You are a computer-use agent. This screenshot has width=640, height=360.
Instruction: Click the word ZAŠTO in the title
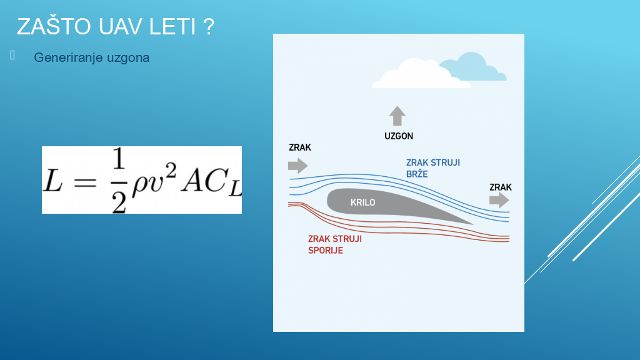[54, 26]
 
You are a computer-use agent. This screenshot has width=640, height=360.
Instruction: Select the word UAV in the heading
[120, 26]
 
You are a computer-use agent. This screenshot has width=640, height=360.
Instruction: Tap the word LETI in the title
[172, 26]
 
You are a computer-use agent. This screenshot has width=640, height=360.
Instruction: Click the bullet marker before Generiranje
[12, 55]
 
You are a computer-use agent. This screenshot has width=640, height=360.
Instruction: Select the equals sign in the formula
[85, 182]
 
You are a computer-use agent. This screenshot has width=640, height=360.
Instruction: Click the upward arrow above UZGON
[397, 116]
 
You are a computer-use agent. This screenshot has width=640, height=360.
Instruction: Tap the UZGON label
[399, 136]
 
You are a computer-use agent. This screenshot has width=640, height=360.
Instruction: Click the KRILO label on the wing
[363, 202]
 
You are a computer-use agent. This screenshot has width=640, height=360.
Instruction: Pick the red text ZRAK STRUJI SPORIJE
[335, 244]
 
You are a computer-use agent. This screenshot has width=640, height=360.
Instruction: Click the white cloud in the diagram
[421, 74]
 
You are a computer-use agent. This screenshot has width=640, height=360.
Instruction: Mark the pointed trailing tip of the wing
[473, 224]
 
